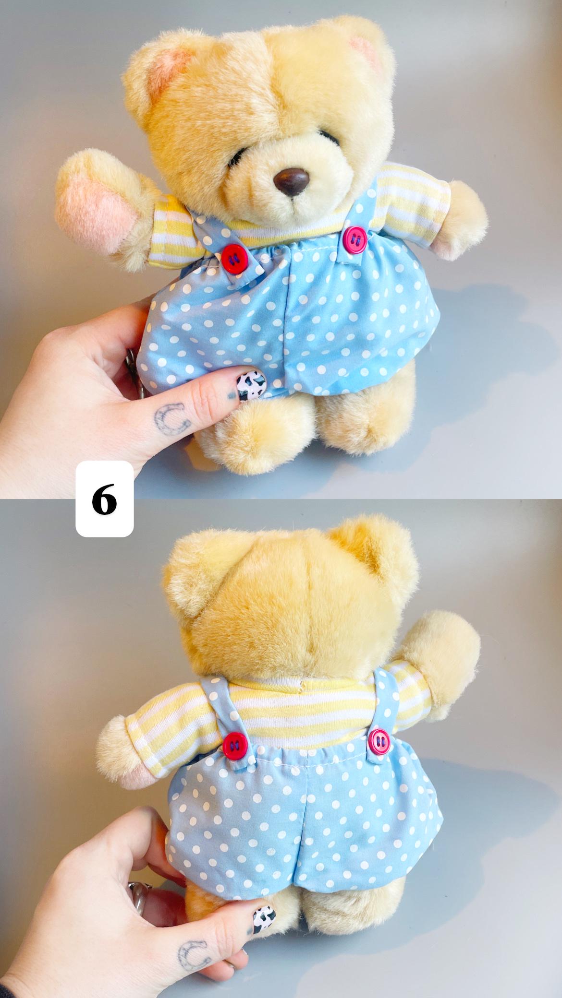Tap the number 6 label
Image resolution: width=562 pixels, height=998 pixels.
pyautogui.click(x=105, y=499)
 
